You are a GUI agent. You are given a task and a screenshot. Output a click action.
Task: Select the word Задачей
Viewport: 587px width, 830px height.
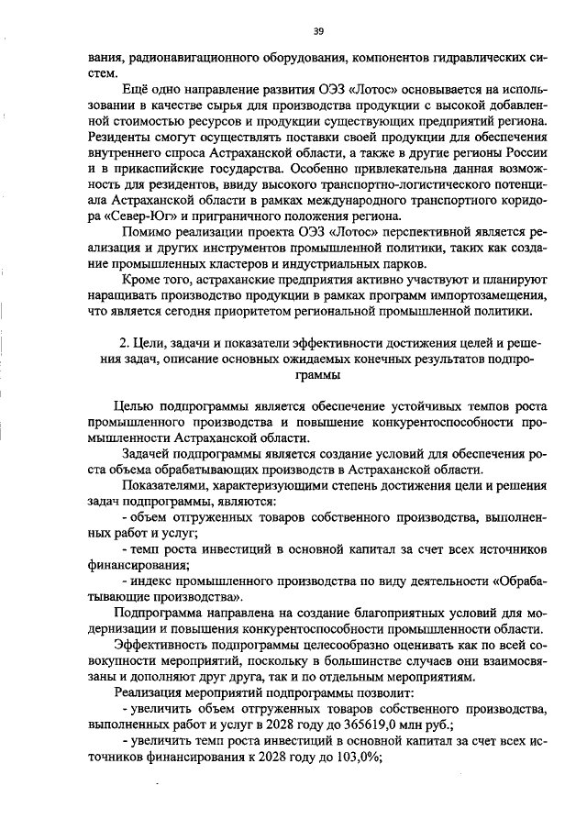pos(145,455)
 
